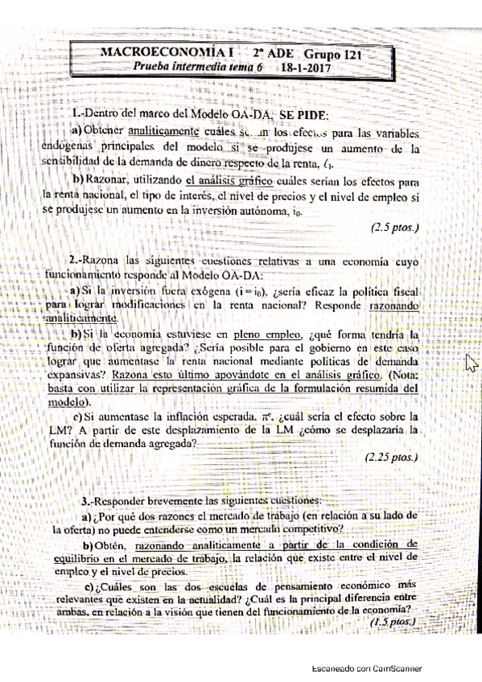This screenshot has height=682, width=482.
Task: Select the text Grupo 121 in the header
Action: [331, 54]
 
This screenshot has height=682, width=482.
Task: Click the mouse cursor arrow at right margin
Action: [472, 364]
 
